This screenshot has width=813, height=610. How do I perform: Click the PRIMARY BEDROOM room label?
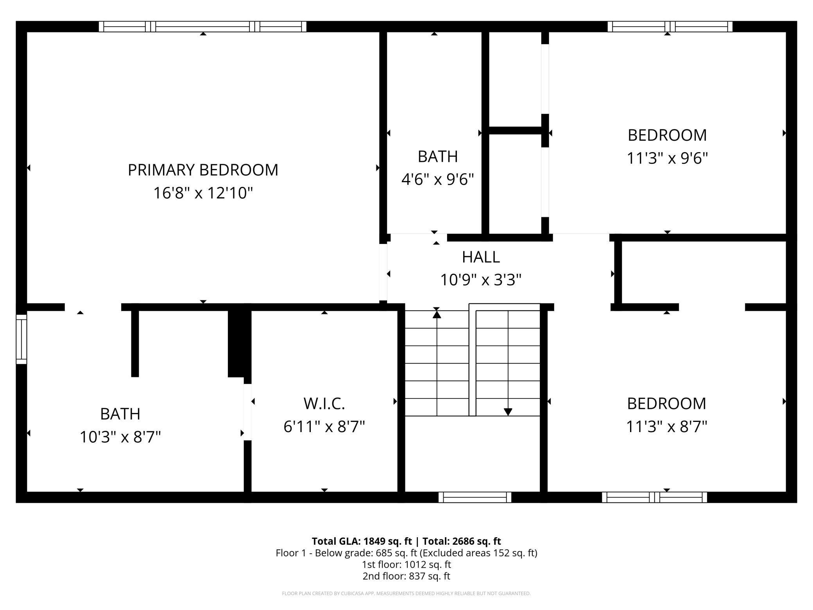tap(203, 170)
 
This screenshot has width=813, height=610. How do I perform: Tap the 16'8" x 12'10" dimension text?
tap(203, 193)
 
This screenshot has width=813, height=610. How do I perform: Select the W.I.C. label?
tap(324, 404)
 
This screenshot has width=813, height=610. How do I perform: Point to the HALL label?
tap(481, 257)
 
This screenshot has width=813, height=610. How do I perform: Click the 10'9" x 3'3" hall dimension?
tap(481, 280)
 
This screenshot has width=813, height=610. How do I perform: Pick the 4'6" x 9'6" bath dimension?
tap(437, 179)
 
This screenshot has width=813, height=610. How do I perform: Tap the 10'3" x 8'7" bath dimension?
tap(120, 437)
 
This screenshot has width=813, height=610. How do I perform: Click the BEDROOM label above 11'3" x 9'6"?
tap(667, 135)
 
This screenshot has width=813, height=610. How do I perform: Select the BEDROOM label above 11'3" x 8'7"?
tap(666, 404)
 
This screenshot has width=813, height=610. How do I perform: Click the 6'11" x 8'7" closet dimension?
tap(324, 426)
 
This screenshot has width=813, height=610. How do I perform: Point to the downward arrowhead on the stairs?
tap(508, 412)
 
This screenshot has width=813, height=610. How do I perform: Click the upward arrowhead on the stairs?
tap(437, 314)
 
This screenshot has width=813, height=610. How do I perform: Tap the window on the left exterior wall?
tap(21, 339)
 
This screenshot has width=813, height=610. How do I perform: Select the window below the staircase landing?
tap(475, 497)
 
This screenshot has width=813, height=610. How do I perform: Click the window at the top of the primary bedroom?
tap(202, 27)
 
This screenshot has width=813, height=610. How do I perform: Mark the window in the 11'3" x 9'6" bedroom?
tap(670, 27)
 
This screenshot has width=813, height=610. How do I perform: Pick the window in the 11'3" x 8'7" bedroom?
tap(654, 497)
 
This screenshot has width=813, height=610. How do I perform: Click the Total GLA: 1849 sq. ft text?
tap(362, 541)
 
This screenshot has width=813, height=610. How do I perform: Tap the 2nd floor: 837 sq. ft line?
tap(406, 576)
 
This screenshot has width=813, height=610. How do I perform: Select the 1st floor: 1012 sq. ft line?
tap(406, 565)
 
